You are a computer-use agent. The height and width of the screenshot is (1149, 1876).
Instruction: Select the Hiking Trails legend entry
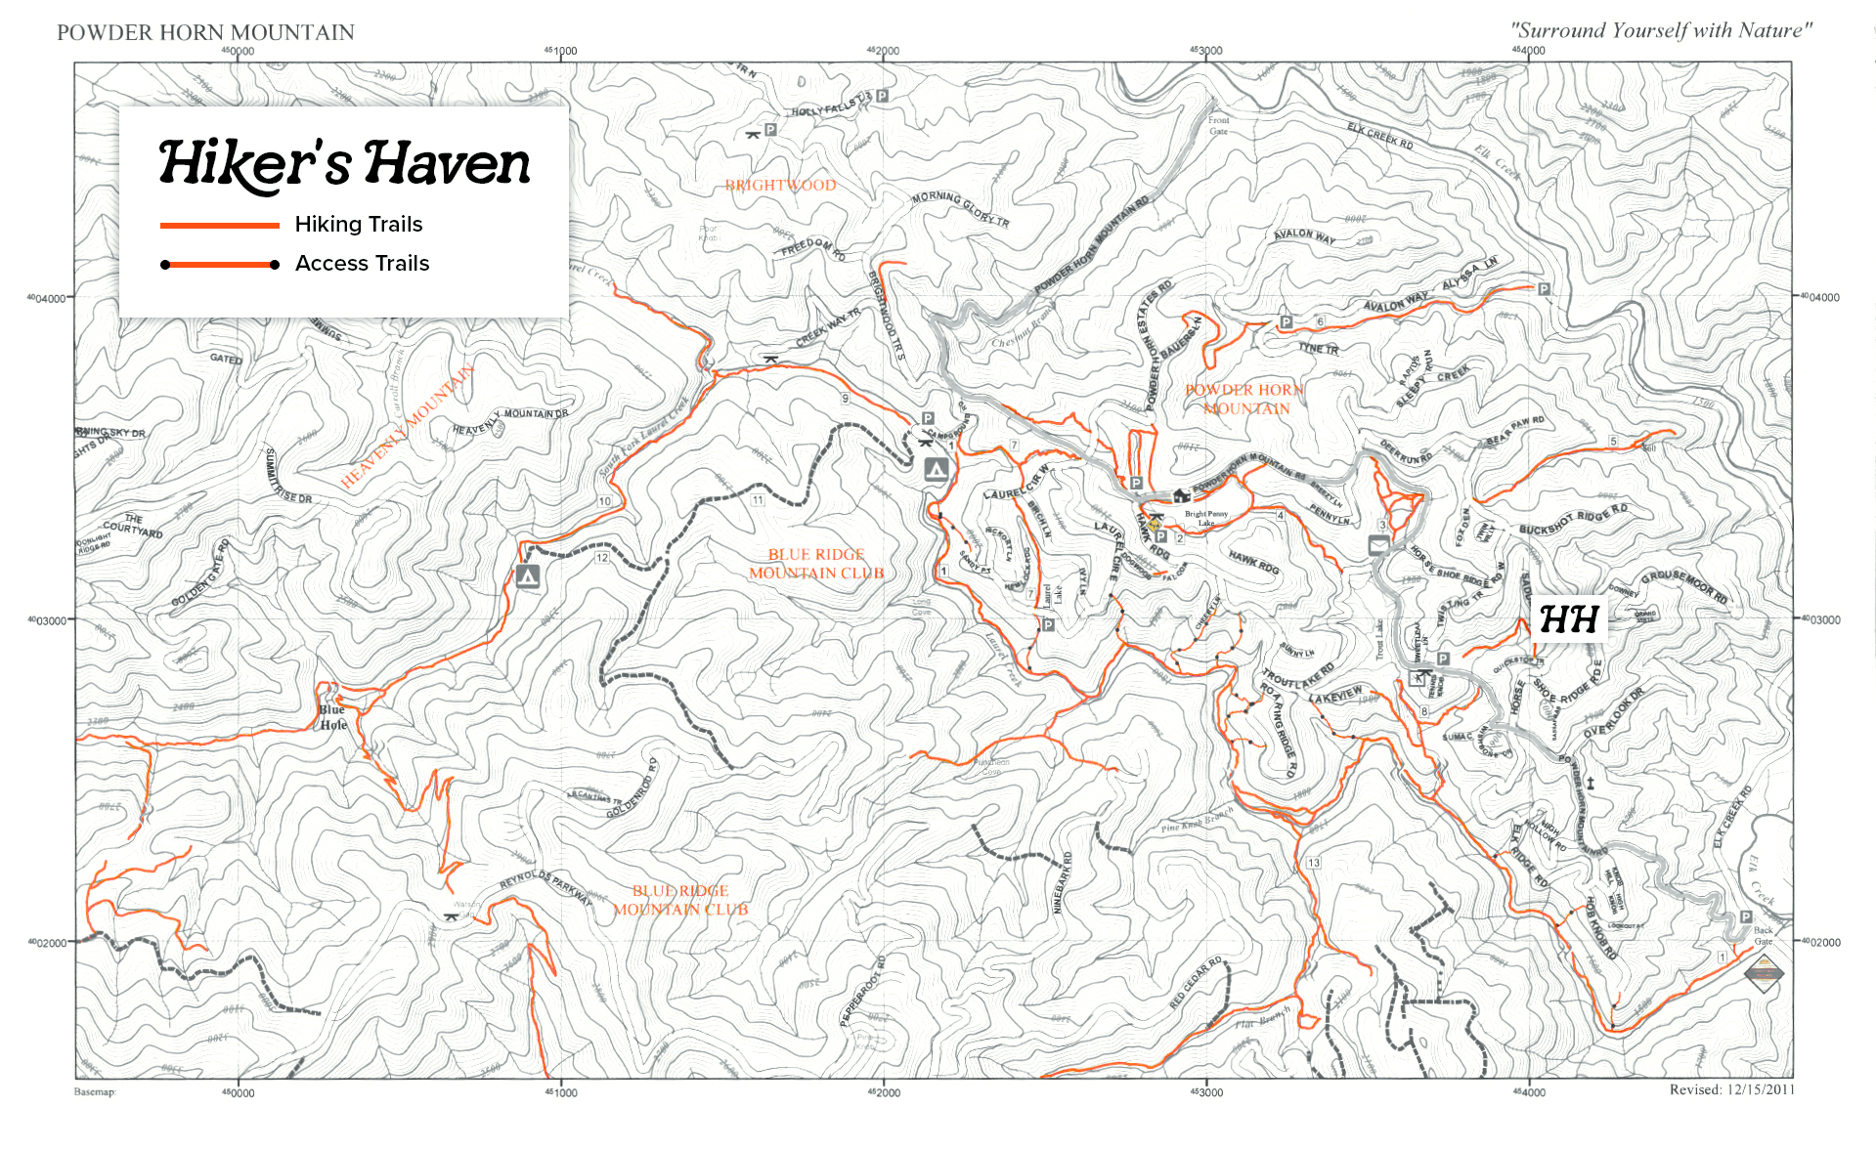[358, 225]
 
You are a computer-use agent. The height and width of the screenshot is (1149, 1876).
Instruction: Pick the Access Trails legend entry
[362, 264]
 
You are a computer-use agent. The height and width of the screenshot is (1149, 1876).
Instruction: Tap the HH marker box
[1568, 619]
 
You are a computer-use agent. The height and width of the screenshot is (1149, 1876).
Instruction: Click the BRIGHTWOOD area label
[780, 186]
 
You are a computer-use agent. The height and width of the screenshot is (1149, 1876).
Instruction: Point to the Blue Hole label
[332, 717]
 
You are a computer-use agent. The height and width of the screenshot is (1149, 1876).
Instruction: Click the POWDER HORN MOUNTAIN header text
[205, 32]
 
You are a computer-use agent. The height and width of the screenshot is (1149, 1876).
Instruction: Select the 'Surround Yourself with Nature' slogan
[1660, 30]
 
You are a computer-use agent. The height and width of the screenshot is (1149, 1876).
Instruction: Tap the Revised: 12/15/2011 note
[1731, 1089]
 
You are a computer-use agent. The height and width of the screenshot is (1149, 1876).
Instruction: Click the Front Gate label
[1218, 126]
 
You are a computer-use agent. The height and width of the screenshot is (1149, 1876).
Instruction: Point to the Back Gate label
[1763, 936]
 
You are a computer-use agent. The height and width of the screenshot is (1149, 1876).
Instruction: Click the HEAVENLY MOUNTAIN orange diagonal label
[409, 425]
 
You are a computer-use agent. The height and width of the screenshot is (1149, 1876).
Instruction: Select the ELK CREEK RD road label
[1379, 136]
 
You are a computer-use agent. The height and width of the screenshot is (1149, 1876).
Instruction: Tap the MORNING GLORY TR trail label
[960, 209]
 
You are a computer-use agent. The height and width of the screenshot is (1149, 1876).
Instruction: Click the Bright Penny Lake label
[1206, 518]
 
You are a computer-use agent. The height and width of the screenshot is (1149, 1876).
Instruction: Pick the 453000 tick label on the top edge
[1205, 51]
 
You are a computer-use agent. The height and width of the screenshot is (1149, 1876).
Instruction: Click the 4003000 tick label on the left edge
[47, 620]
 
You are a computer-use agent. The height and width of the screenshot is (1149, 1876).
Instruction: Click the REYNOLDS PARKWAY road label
[545, 886]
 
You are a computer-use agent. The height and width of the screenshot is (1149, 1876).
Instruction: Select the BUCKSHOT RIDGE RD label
[1573, 521]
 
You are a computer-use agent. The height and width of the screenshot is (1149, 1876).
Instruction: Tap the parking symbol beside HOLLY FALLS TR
[882, 96]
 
